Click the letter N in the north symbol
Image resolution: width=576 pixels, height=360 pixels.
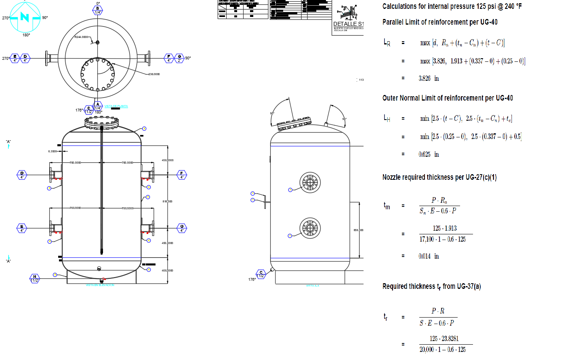click(x=25, y=17)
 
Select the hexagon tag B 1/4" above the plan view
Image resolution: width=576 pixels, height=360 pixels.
click(x=98, y=11)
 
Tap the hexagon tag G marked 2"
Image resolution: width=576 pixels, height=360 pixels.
click(x=179, y=59)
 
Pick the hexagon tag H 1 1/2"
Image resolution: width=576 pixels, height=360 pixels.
click(x=35, y=279)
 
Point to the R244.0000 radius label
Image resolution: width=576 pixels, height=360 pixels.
click(x=81, y=37)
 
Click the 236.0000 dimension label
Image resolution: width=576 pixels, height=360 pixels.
click(x=154, y=74)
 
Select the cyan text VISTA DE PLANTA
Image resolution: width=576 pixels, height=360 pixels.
click(x=116, y=106)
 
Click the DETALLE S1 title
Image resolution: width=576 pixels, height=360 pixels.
click(x=348, y=24)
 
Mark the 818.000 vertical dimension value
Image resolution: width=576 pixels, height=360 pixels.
click(x=167, y=201)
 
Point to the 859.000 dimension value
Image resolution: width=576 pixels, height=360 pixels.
click(x=358, y=230)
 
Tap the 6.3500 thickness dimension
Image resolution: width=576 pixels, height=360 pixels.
click(x=53, y=152)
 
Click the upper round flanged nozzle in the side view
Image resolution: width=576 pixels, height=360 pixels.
click(x=310, y=183)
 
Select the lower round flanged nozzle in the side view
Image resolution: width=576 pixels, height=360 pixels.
click(x=310, y=228)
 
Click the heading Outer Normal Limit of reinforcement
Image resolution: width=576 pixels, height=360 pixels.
click(x=448, y=98)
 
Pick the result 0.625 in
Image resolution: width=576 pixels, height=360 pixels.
click(x=429, y=154)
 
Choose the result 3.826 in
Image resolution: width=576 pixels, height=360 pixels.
click(x=429, y=78)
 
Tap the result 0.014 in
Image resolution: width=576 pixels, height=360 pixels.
click(x=429, y=256)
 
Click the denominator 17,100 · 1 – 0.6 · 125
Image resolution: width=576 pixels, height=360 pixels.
click(x=442, y=240)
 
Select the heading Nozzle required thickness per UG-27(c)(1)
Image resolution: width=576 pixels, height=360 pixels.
click(x=439, y=177)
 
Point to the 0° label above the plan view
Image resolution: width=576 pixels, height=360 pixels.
click(x=98, y=4)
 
